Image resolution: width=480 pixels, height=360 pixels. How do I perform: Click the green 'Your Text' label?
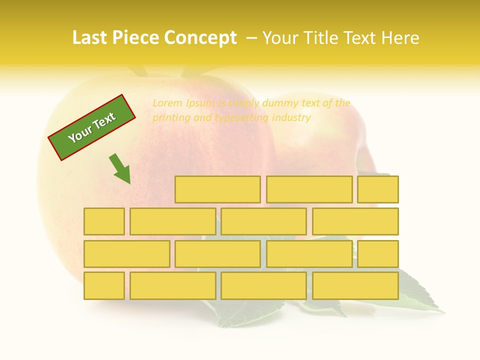point(92,127)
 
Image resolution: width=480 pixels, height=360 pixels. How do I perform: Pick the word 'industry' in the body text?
point(291,118)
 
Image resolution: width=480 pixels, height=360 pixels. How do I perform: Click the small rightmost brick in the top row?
point(378,189)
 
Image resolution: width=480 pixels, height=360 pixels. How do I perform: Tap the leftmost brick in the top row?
point(217,189)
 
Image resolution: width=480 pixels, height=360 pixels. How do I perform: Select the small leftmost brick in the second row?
point(104,221)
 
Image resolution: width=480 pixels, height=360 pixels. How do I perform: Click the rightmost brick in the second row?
point(355,221)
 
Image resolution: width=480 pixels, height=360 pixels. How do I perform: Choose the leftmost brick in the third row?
point(126,254)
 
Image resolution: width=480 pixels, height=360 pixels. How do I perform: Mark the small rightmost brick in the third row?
point(378,254)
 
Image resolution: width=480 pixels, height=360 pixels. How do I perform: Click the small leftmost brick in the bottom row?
point(104,286)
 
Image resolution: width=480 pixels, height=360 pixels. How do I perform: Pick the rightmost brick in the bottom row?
point(355,286)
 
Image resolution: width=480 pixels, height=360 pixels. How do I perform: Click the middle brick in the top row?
point(309,189)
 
